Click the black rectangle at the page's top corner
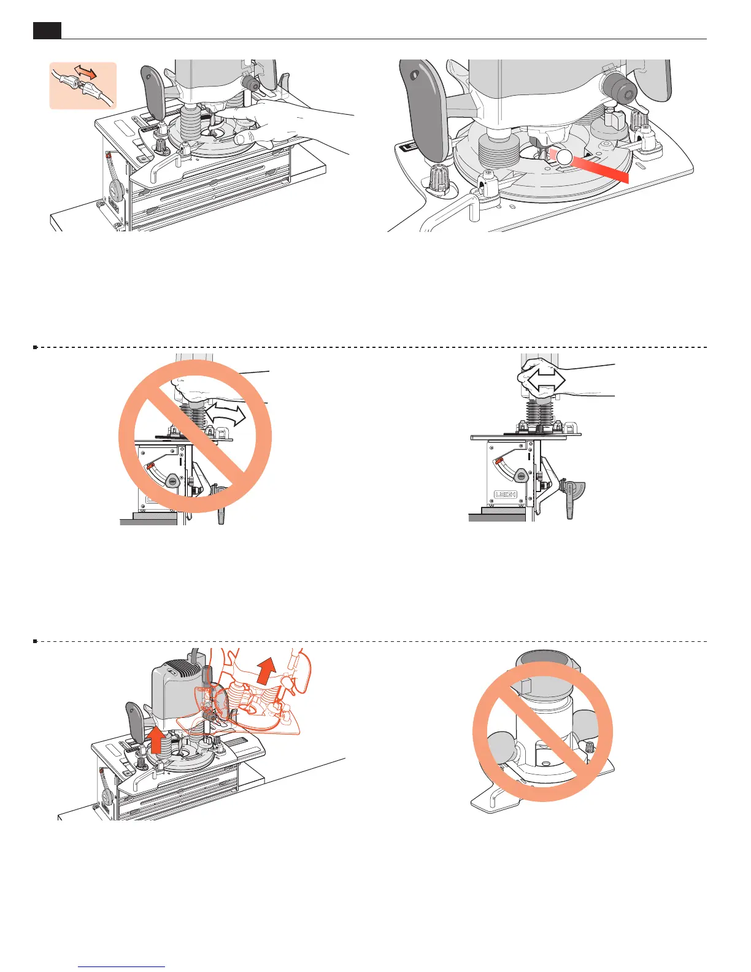[x=47, y=30]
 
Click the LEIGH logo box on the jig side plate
[x=506, y=494]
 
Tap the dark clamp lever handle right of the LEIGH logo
[x=569, y=500]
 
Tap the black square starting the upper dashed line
[x=35, y=347]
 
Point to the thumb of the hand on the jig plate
[x=247, y=138]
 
